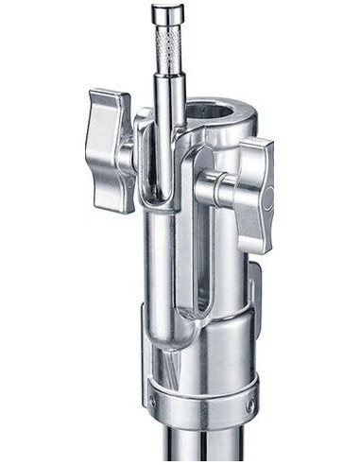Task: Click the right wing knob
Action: (253, 194)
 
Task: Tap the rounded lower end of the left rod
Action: (163, 364)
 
